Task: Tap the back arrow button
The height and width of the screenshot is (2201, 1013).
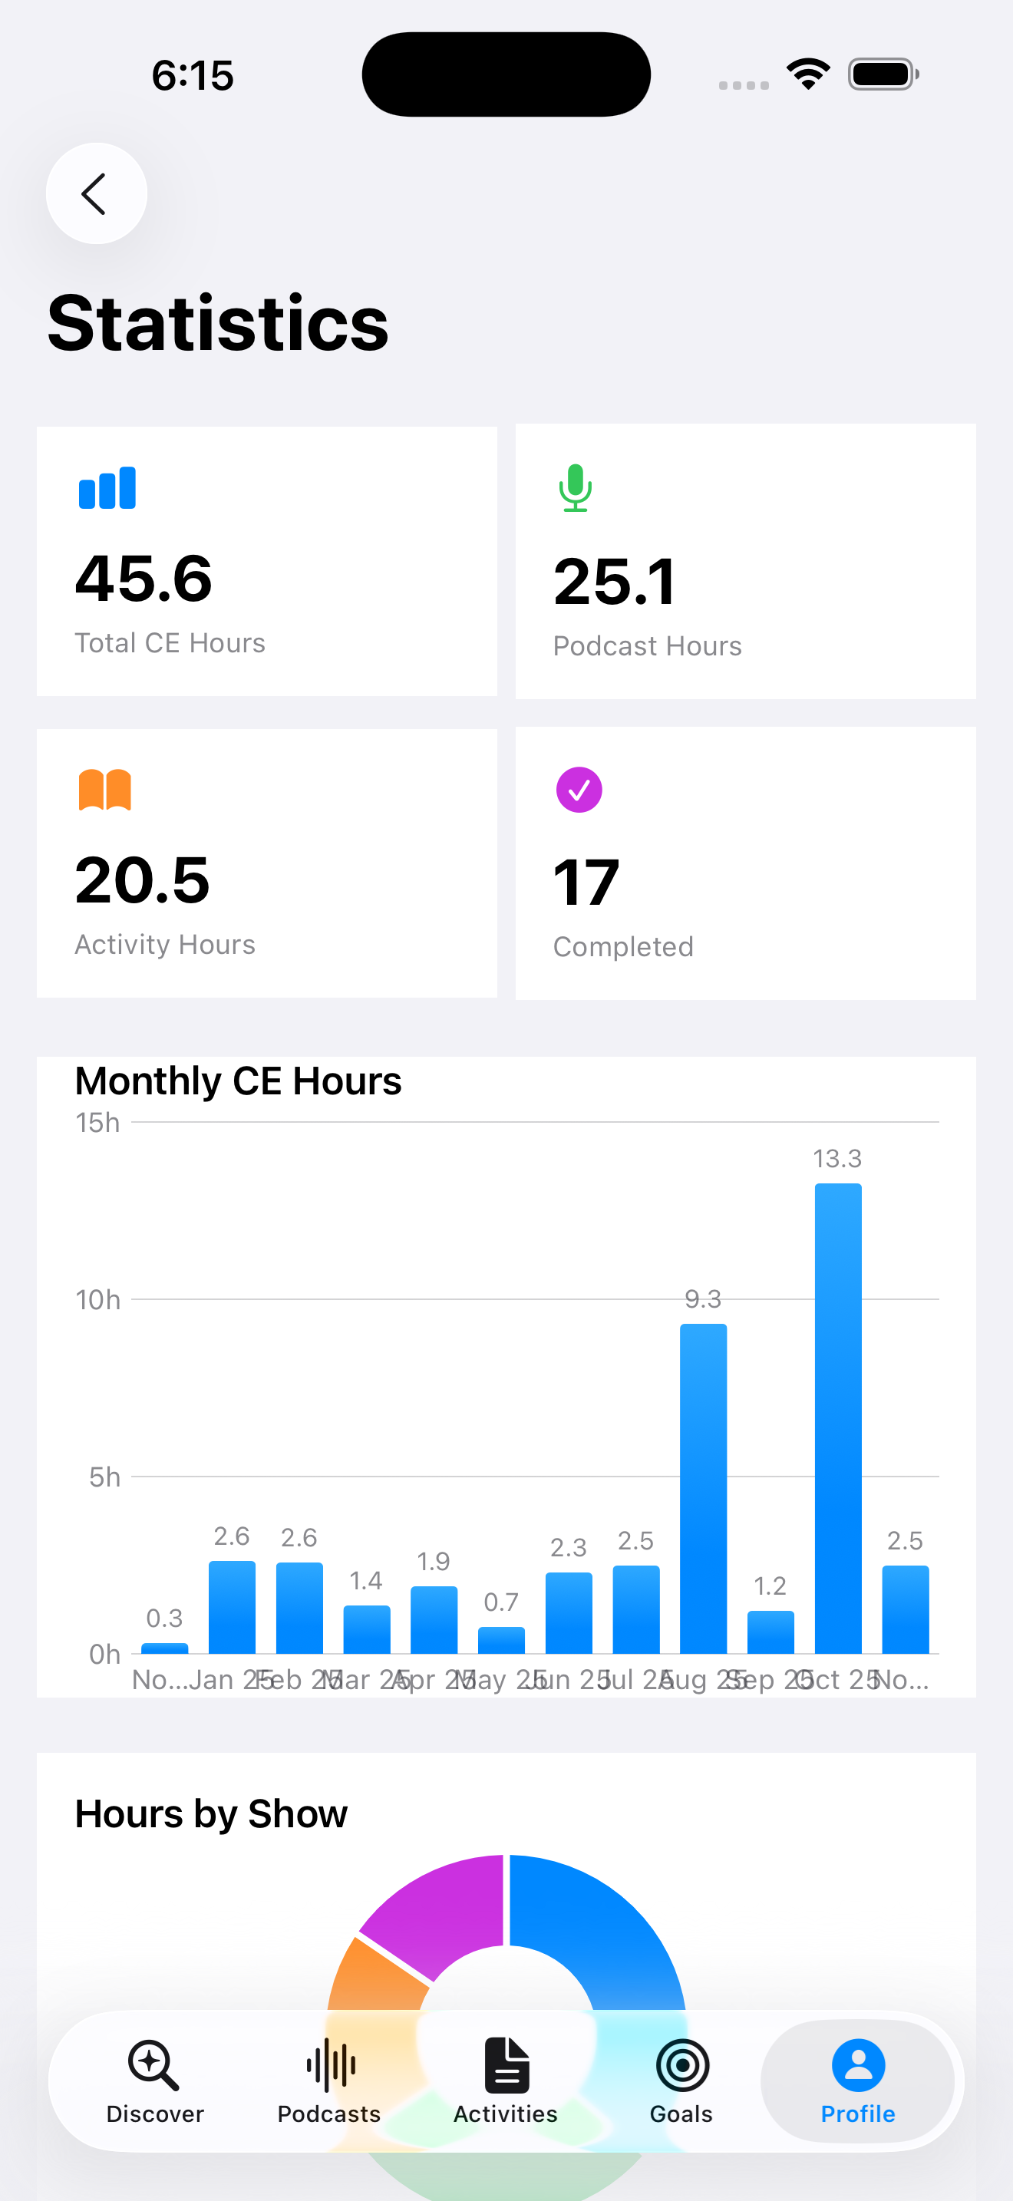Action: coord(96,194)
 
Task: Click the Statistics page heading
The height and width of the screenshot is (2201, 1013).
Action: coord(218,323)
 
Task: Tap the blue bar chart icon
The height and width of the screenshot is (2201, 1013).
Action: coord(107,488)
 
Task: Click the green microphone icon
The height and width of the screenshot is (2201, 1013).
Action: coord(576,488)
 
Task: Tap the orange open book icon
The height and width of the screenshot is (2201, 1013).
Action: coord(105,790)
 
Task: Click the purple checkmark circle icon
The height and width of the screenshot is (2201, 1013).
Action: coord(579,790)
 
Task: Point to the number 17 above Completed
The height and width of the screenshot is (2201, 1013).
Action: coord(586,883)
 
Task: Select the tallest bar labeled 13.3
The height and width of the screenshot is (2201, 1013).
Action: coord(838,1418)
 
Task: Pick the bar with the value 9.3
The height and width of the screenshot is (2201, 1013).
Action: coord(703,1488)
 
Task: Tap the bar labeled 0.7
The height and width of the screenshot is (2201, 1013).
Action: coord(501,1640)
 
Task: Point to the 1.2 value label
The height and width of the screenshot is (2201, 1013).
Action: coord(770,1586)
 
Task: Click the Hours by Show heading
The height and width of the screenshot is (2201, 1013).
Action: coord(211,1814)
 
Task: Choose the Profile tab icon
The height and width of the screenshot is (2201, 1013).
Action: coord(857,2066)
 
